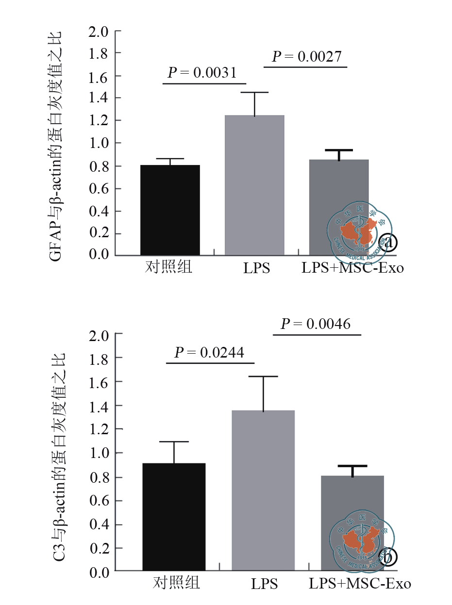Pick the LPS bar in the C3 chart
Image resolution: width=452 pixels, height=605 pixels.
tap(263, 491)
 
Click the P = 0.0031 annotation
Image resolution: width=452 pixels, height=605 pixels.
tap(202, 73)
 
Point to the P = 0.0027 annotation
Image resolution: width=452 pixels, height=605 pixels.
tap(306, 57)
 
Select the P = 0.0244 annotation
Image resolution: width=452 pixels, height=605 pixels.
tap(209, 352)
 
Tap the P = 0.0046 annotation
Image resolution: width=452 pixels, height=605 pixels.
tap(316, 324)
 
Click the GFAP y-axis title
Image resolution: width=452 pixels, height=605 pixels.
tap(56, 146)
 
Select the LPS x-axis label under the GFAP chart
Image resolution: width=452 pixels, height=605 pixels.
tap(256, 268)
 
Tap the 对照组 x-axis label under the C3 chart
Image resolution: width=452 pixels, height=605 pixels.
tap(176, 583)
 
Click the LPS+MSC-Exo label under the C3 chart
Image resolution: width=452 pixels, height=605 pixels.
tap(360, 583)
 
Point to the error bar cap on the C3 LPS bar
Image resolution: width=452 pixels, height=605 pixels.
tap(263, 376)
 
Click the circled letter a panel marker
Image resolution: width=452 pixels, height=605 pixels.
tap(388, 242)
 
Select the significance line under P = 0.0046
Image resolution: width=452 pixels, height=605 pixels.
tap(317, 335)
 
